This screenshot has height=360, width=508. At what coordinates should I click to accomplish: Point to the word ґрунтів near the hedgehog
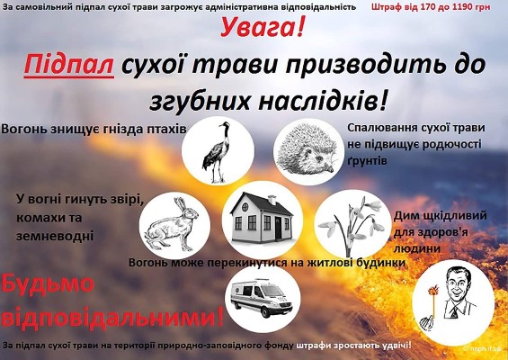point(367,159)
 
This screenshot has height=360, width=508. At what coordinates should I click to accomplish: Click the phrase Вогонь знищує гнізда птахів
point(94,129)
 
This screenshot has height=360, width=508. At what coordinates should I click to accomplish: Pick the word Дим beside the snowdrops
point(406,216)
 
